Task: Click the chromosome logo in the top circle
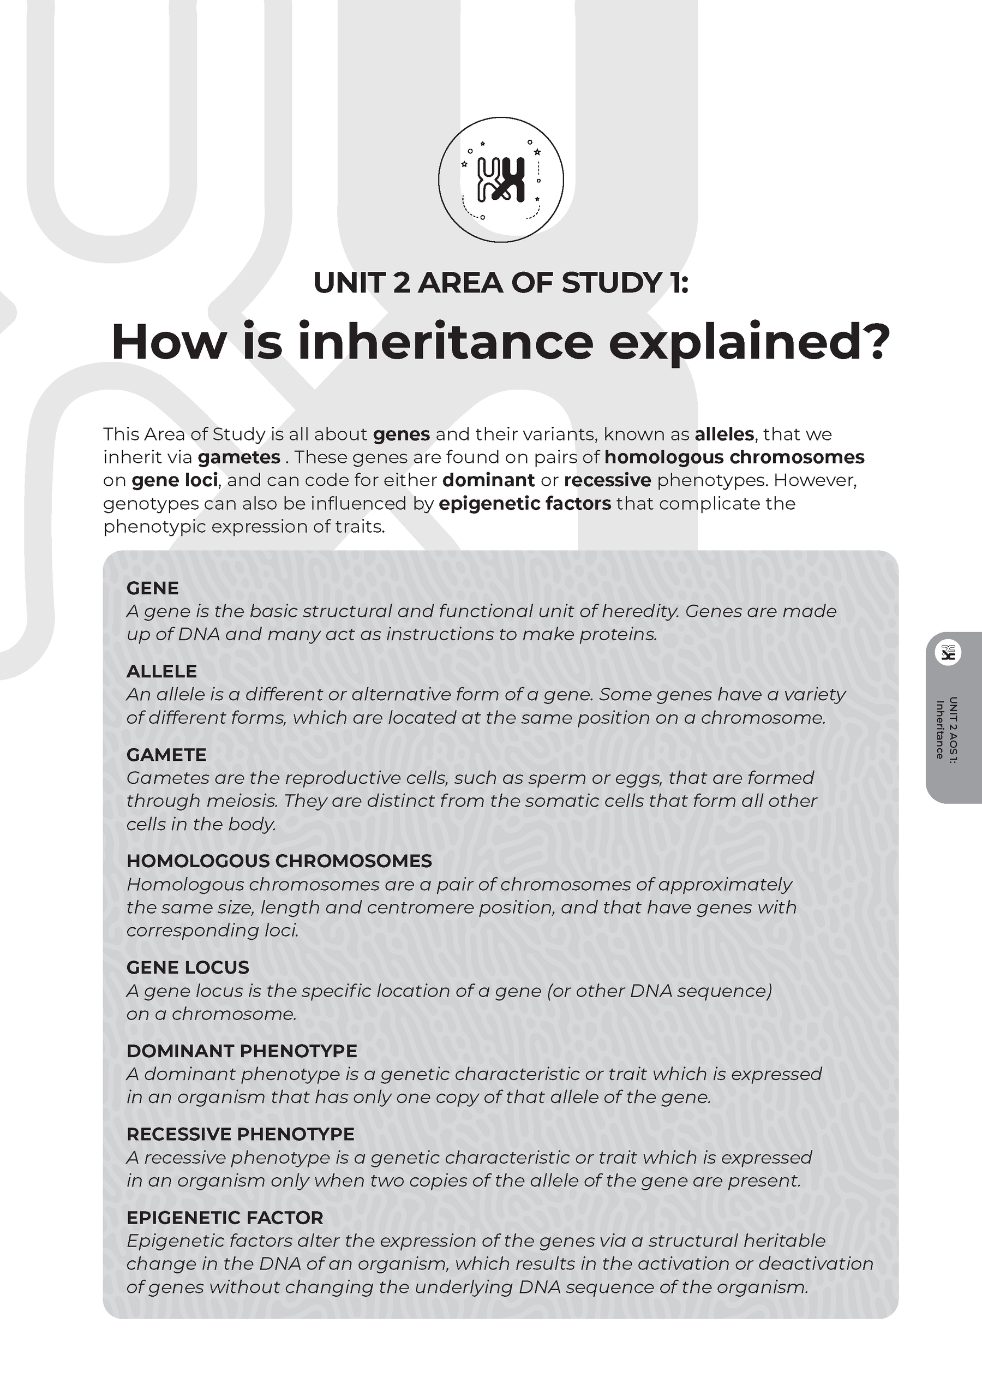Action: click(x=501, y=180)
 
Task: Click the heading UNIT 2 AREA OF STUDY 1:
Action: click(x=501, y=283)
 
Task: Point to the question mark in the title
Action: click(x=875, y=341)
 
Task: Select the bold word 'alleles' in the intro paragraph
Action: click(x=724, y=434)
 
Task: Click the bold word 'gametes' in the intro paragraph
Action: click(x=239, y=457)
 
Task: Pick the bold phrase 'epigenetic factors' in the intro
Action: click(x=524, y=503)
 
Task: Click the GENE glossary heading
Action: click(x=152, y=588)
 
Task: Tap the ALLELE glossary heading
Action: click(x=161, y=671)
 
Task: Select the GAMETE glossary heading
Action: click(x=166, y=754)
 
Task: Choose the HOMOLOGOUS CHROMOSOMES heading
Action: click(x=279, y=861)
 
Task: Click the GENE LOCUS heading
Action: click(x=188, y=967)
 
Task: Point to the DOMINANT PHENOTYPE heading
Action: click(x=241, y=1051)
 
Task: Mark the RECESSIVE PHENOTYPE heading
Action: click(x=240, y=1134)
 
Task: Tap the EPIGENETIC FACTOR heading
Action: click(x=224, y=1218)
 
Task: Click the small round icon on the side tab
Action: click(x=948, y=652)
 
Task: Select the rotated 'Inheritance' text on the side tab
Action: click(x=939, y=730)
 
